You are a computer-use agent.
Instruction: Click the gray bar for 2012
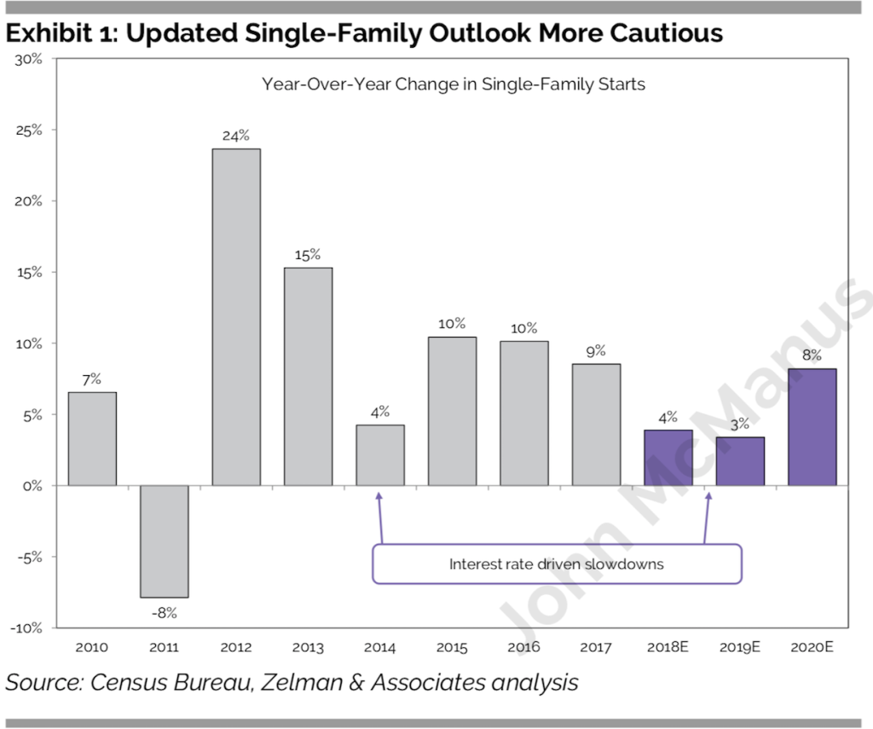tap(236, 316)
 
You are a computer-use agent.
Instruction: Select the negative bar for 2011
tap(165, 541)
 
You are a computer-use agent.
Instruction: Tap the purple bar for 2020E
tap(812, 426)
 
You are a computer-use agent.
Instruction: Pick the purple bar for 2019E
tap(740, 460)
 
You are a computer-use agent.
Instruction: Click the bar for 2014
tap(380, 454)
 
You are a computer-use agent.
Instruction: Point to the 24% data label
tap(236, 135)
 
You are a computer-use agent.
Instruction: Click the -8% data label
tap(165, 612)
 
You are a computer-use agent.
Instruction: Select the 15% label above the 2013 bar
tap(308, 254)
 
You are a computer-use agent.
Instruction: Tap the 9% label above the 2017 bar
tap(596, 350)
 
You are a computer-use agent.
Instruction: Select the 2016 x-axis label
tap(524, 648)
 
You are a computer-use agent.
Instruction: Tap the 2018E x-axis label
tap(668, 648)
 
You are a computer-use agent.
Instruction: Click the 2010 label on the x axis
tap(92, 648)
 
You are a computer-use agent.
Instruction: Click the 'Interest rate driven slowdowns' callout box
tap(557, 564)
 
